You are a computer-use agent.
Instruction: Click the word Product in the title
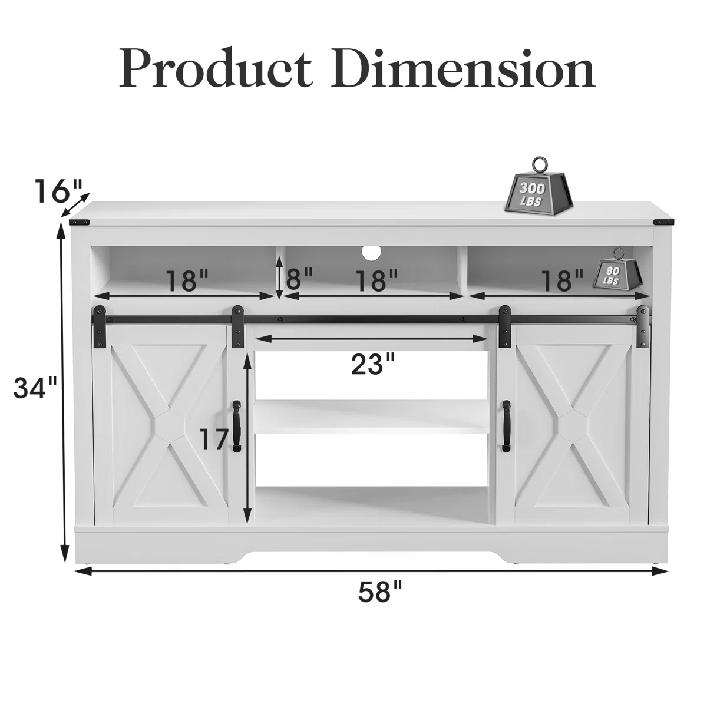(216, 67)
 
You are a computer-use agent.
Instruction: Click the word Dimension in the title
(463, 67)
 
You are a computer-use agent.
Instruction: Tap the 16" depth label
(59, 191)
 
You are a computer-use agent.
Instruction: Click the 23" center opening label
(373, 364)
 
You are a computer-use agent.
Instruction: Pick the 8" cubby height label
(299, 279)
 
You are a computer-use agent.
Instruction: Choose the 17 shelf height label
(214, 440)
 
